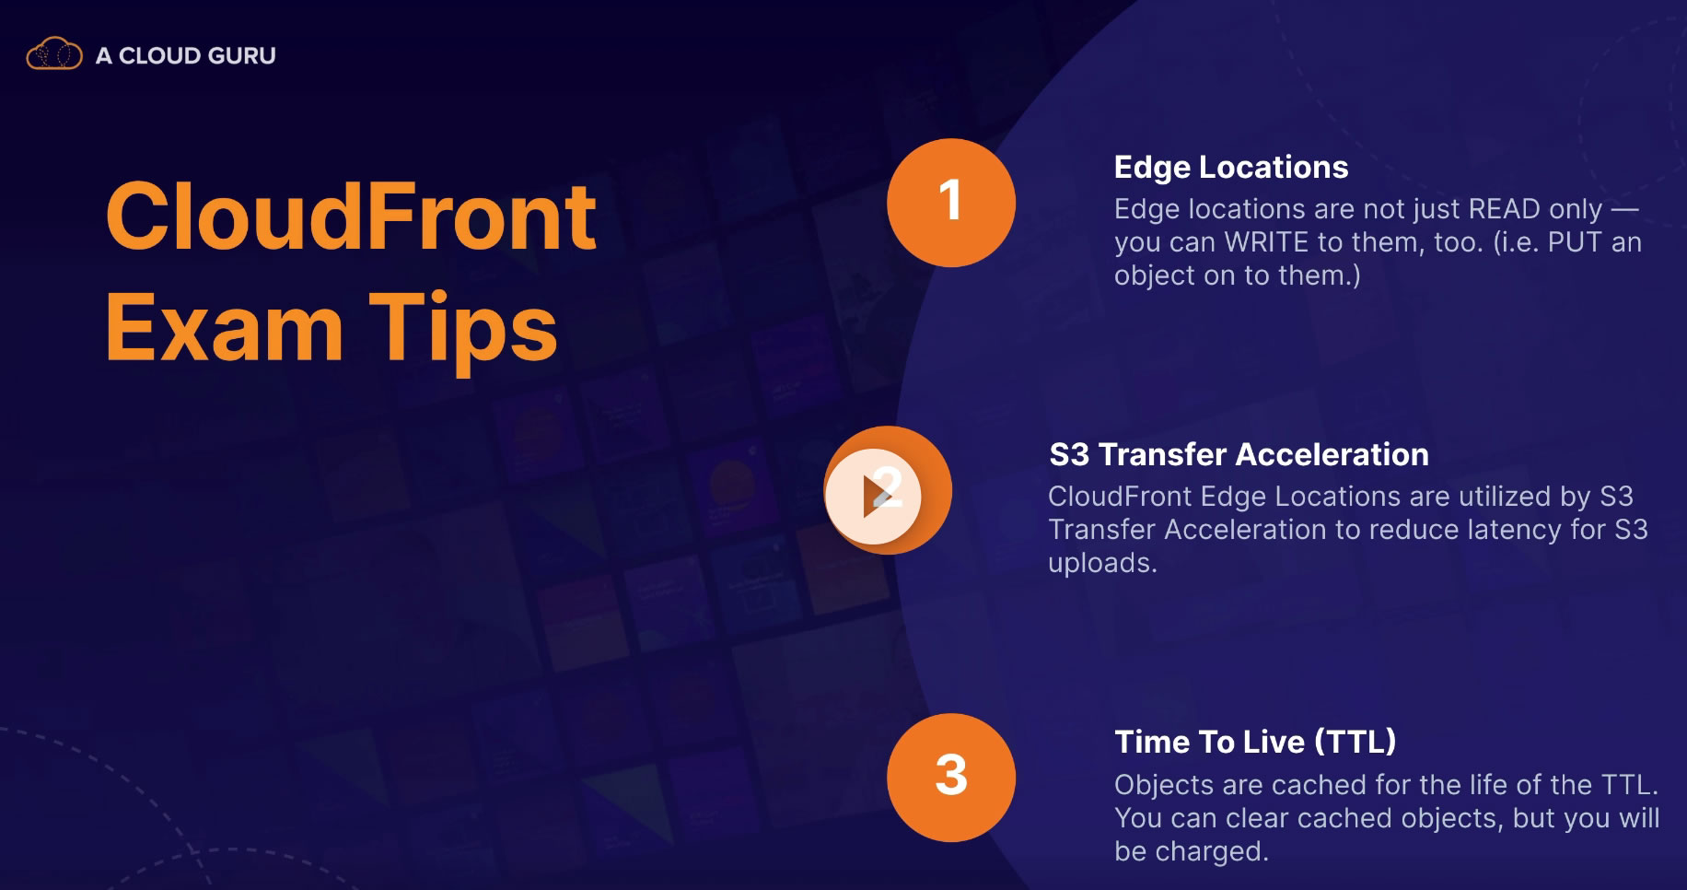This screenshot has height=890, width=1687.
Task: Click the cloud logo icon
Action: point(54,54)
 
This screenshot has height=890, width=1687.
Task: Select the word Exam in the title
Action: point(225,328)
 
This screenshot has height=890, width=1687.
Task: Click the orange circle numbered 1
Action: point(951,203)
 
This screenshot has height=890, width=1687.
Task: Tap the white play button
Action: point(873,497)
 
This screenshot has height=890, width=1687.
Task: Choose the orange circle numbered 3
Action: point(951,777)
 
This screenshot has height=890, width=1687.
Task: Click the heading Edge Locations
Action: point(1231,168)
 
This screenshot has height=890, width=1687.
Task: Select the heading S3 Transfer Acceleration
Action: point(1239,455)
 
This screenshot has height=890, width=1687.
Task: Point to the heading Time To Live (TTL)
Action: point(1255,743)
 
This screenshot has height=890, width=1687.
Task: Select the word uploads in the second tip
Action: point(1102,563)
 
